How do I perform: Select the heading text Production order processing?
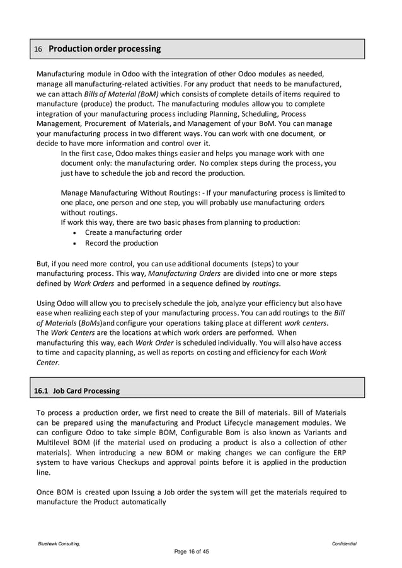pyautogui.click(x=105, y=48)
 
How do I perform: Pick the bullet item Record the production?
pyautogui.click(x=122, y=243)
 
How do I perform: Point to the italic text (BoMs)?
pyautogui.click(x=96, y=322)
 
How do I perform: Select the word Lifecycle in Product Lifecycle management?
pyautogui.click(x=251, y=423)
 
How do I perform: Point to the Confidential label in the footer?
pyautogui.click(x=344, y=543)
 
